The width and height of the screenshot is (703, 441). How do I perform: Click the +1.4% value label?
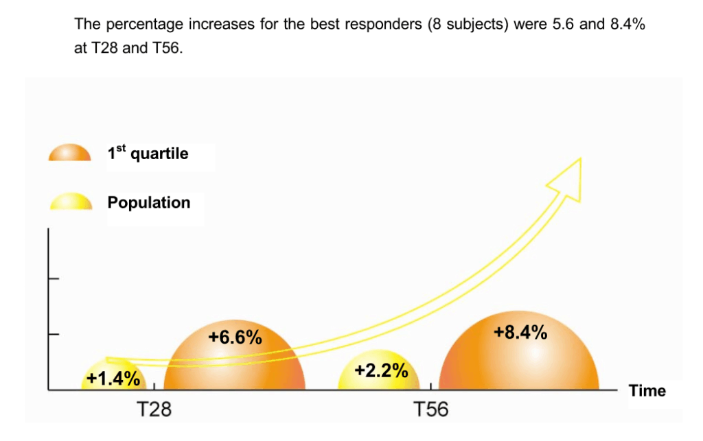click(x=113, y=378)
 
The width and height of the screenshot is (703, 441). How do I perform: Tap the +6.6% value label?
click(x=235, y=337)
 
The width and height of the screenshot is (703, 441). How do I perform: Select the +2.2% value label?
click(x=382, y=372)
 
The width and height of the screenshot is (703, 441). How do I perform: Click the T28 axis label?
click(x=154, y=410)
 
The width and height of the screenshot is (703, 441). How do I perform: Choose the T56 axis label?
click(x=431, y=410)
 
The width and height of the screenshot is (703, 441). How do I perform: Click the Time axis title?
click(x=647, y=391)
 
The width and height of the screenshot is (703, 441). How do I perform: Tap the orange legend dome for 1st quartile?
click(x=69, y=153)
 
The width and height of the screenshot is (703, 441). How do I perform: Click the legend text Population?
click(x=148, y=202)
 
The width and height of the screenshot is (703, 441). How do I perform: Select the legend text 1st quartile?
click(x=148, y=154)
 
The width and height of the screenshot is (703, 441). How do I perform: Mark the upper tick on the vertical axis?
click(x=54, y=278)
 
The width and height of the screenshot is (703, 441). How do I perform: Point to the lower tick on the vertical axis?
click(x=54, y=335)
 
